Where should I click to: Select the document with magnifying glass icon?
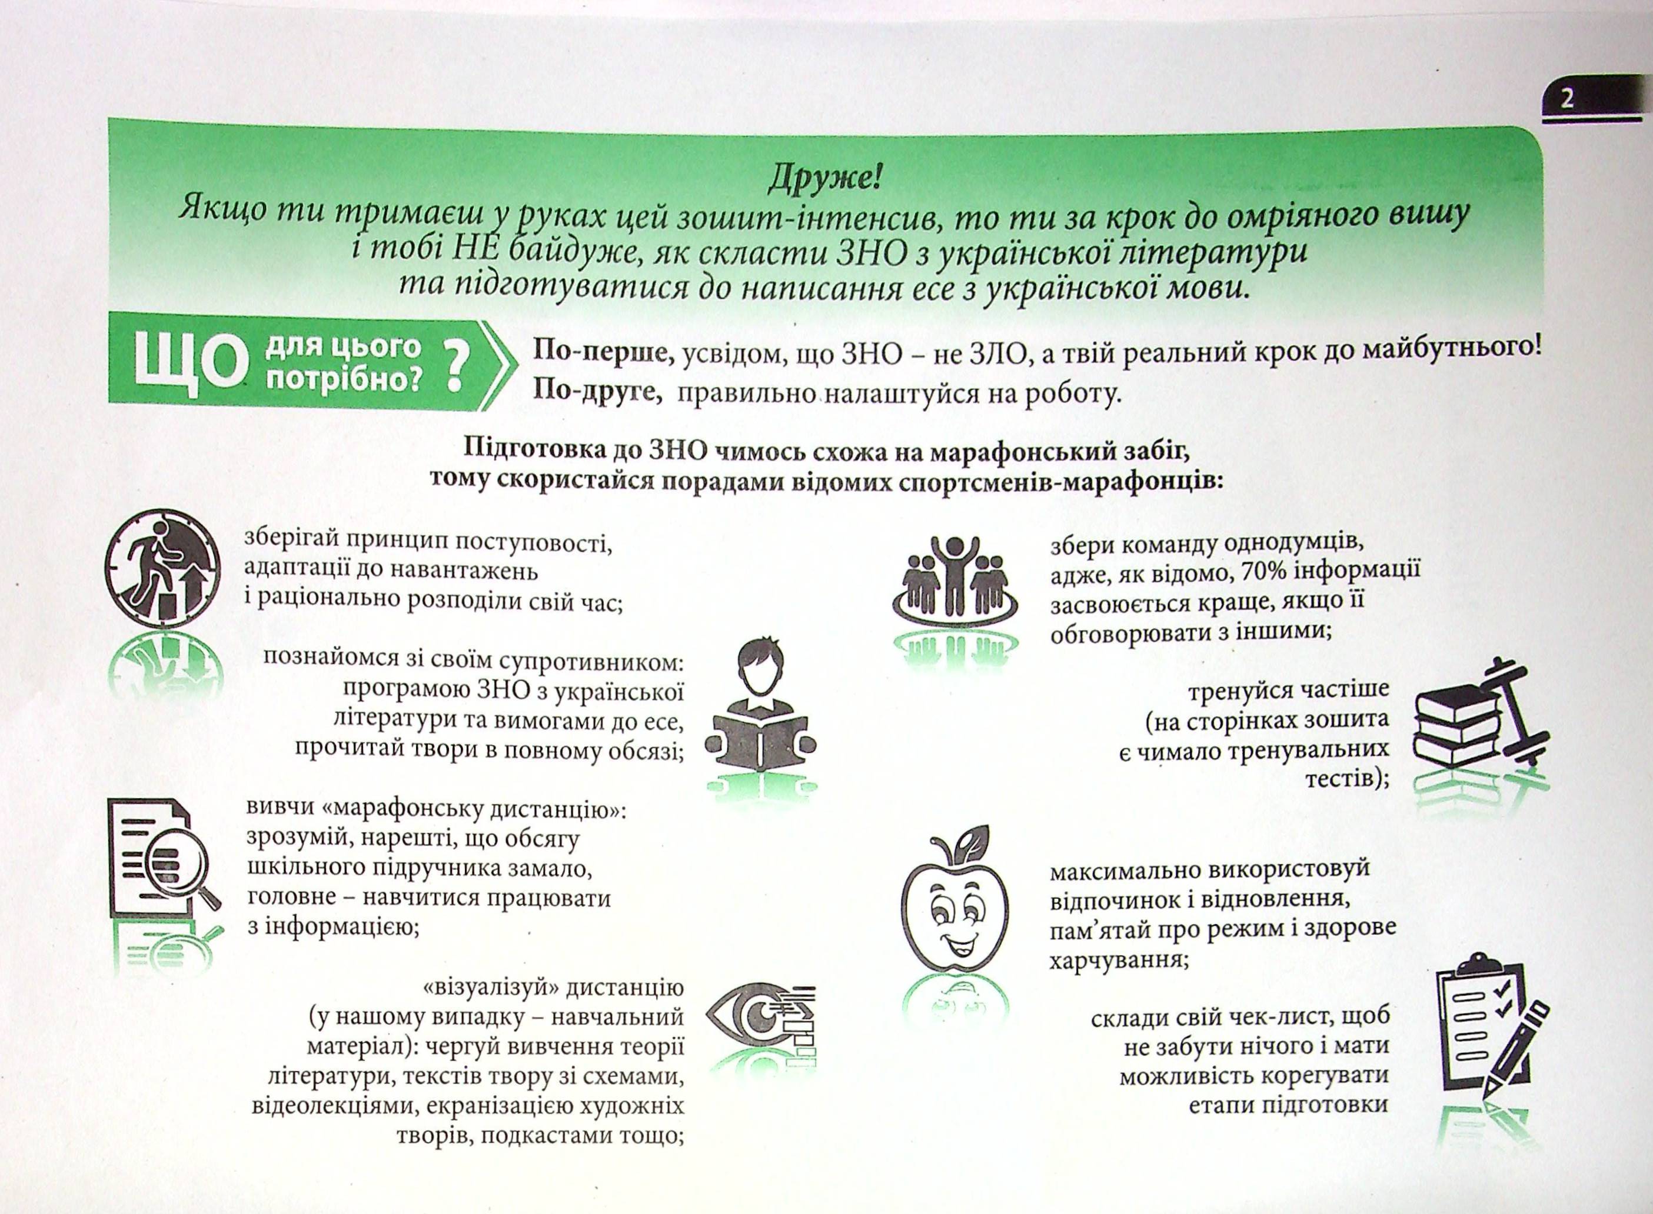(x=163, y=866)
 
